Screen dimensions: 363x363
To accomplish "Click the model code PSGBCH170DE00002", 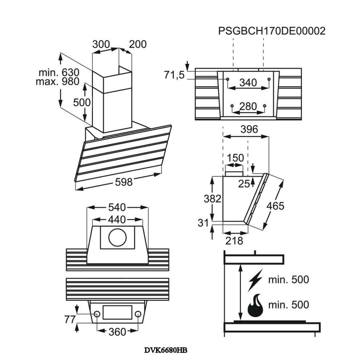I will [x=272, y=31].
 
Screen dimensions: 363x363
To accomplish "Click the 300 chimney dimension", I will [x=101, y=44].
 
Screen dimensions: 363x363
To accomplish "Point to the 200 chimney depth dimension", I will [x=138, y=44].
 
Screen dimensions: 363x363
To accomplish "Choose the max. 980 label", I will [x=57, y=81].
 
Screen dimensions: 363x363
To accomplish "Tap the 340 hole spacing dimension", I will [x=248, y=83].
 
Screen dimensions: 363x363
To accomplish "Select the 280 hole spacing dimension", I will [x=248, y=106].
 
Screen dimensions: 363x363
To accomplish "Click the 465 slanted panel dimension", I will [x=275, y=206].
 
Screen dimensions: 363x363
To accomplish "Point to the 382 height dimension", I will [x=212, y=199].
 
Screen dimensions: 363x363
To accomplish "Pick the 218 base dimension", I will [x=234, y=240].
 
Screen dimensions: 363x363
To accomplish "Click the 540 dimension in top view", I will [x=117, y=208].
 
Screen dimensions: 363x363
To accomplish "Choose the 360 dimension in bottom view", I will [x=117, y=332].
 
